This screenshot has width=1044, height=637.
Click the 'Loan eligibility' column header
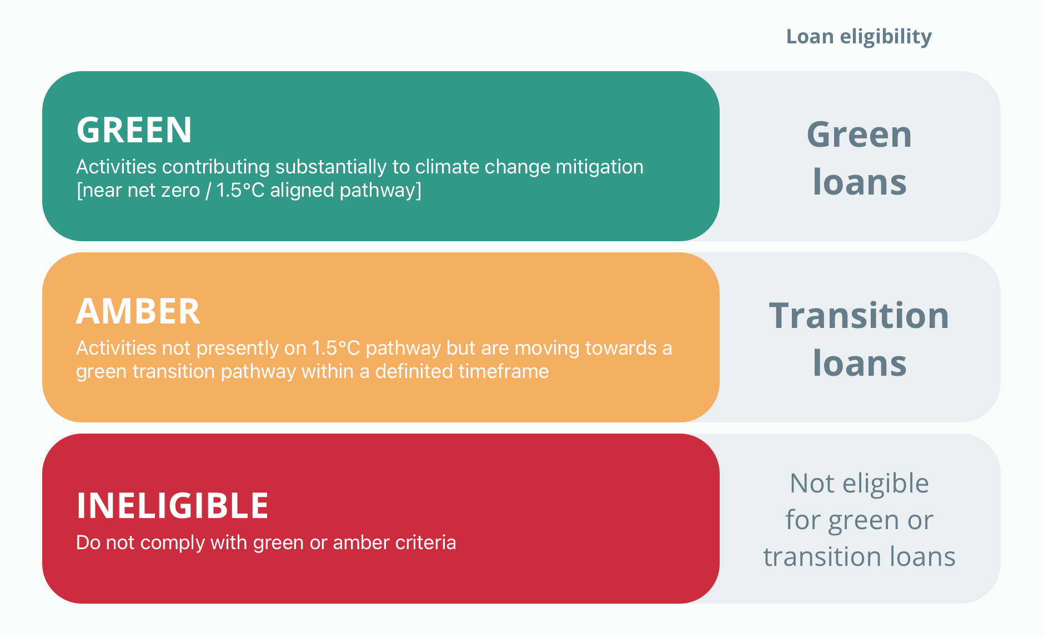(859, 37)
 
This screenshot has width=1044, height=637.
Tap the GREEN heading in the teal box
(134, 130)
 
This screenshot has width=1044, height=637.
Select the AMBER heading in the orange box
(138, 311)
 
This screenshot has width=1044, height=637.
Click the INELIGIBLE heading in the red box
(173, 506)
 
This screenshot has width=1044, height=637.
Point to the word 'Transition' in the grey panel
(859, 316)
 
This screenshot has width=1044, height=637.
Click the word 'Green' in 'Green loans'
(859, 135)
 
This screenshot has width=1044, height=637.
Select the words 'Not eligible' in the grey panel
(859, 484)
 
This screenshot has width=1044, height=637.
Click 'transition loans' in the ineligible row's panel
(859, 556)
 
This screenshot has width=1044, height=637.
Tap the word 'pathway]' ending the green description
(380, 190)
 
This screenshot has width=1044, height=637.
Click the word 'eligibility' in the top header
(886, 37)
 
